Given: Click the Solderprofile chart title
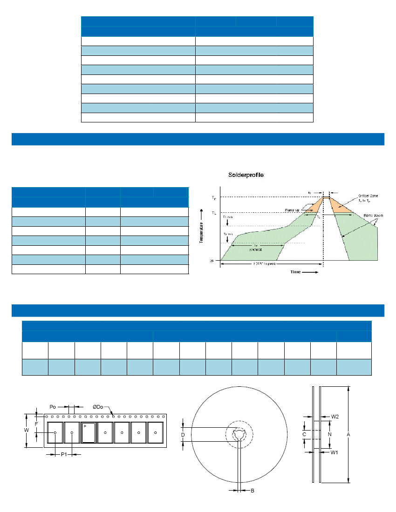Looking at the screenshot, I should (x=246, y=175).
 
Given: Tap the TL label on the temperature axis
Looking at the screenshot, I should (x=214, y=213).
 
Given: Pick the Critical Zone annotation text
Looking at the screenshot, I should (x=368, y=198).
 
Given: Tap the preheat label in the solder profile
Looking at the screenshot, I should (x=255, y=249).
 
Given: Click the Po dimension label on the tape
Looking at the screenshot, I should (x=53, y=407).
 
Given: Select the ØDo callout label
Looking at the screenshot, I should (x=98, y=407).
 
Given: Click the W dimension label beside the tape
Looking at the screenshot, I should (x=27, y=431).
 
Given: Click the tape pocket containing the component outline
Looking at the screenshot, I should (x=88, y=432).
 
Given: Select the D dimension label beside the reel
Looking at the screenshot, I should (x=183, y=435).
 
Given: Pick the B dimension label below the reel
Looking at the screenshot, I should (x=252, y=491).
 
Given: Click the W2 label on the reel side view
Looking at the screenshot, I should (x=335, y=417).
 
